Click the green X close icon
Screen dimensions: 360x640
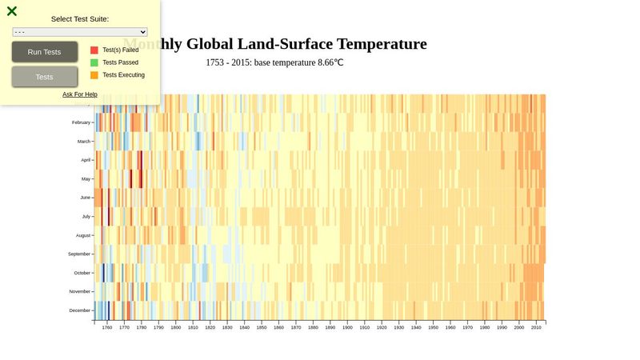click(x=12, y=11)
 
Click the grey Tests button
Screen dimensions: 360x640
click(x=45, y=77)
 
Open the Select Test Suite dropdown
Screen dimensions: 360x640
click(x=80, y=32)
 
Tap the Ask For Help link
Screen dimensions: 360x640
click(x=80, y=94)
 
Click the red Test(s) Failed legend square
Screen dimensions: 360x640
click(x=94, y=50)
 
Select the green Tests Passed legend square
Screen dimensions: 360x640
click(x=94, y=62)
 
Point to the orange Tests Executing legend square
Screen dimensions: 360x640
click(x=94, y=75)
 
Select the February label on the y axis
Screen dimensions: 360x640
click(x=81, y=122)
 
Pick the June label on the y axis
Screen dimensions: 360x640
click(x=85, y=198)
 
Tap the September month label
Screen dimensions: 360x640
click(x=79, y=254)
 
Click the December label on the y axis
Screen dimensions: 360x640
click(x=80, y=310)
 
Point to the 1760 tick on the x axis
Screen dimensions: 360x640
click(x=107, y=327)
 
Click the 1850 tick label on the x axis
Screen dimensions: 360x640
click(x=261, y=327)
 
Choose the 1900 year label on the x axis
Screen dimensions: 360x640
click(x=346, y=327)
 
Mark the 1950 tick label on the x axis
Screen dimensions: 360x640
click(x=433, y=327)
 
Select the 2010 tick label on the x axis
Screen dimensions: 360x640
click(x=536, y=327)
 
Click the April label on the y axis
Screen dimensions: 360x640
click(x=86, y=160)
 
